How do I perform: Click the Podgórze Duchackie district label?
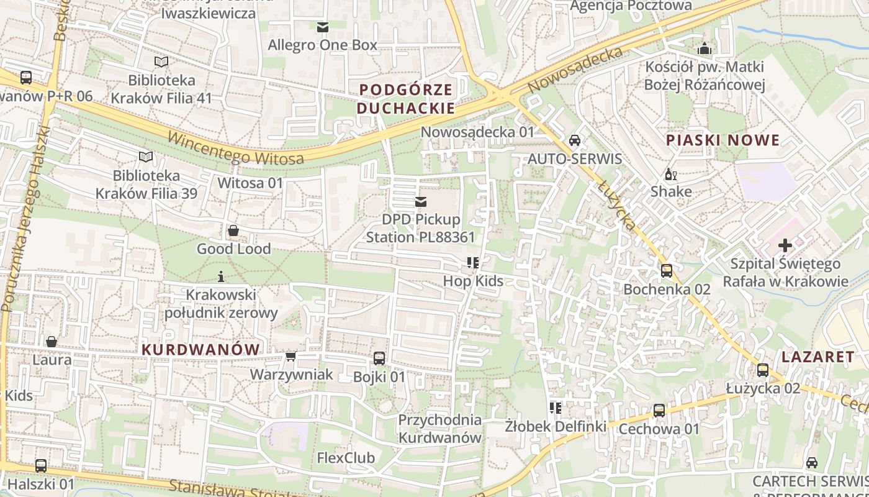click(x=407, y=99)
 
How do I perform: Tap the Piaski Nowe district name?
click(x=722, y=140)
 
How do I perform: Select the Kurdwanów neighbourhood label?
click(x=200, y=349)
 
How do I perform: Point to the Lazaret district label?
click(x=817, y=357)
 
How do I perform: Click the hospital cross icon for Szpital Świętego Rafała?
click(x=785, y=245)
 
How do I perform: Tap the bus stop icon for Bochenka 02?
click(x=667, y=271)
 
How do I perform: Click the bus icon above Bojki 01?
click(x=379, y=358)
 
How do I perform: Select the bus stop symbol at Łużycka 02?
click(x=763, y=370)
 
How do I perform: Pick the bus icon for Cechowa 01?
click(x=659, y=411)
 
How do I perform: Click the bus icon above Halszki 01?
click(x=41, y=465)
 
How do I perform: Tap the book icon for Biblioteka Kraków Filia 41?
click(x=161, y=62)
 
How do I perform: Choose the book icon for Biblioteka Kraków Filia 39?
click(x=146, y=157)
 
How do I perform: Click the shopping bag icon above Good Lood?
click(x=233, y=230)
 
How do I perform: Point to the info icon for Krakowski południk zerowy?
click(x=220, y=276)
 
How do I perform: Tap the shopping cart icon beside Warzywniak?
click(x=290, y=357)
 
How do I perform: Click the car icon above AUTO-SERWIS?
click(x=575, y=140)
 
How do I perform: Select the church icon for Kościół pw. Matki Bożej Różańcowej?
click(x=705, y=48)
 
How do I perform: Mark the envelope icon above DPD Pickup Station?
click(x=421, y=201)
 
